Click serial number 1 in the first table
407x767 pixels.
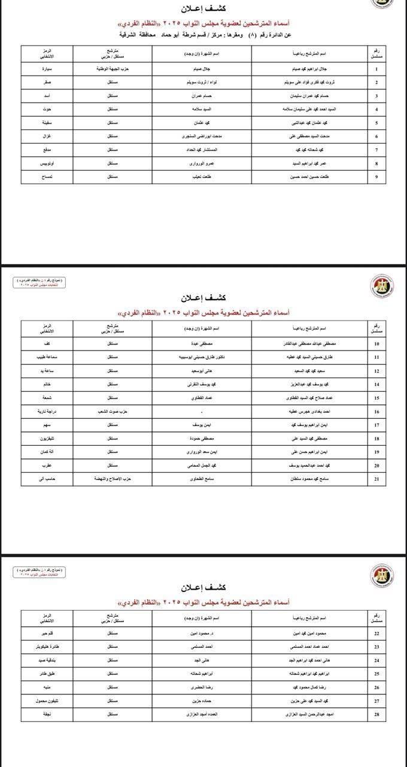[x=376, y=69]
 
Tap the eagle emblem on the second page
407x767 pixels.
[x=382, y=286]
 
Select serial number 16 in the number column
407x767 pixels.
[x=376, y=412]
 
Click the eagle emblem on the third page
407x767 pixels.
[x=382, y=575]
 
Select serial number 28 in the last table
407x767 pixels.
[x=376, y=715]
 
